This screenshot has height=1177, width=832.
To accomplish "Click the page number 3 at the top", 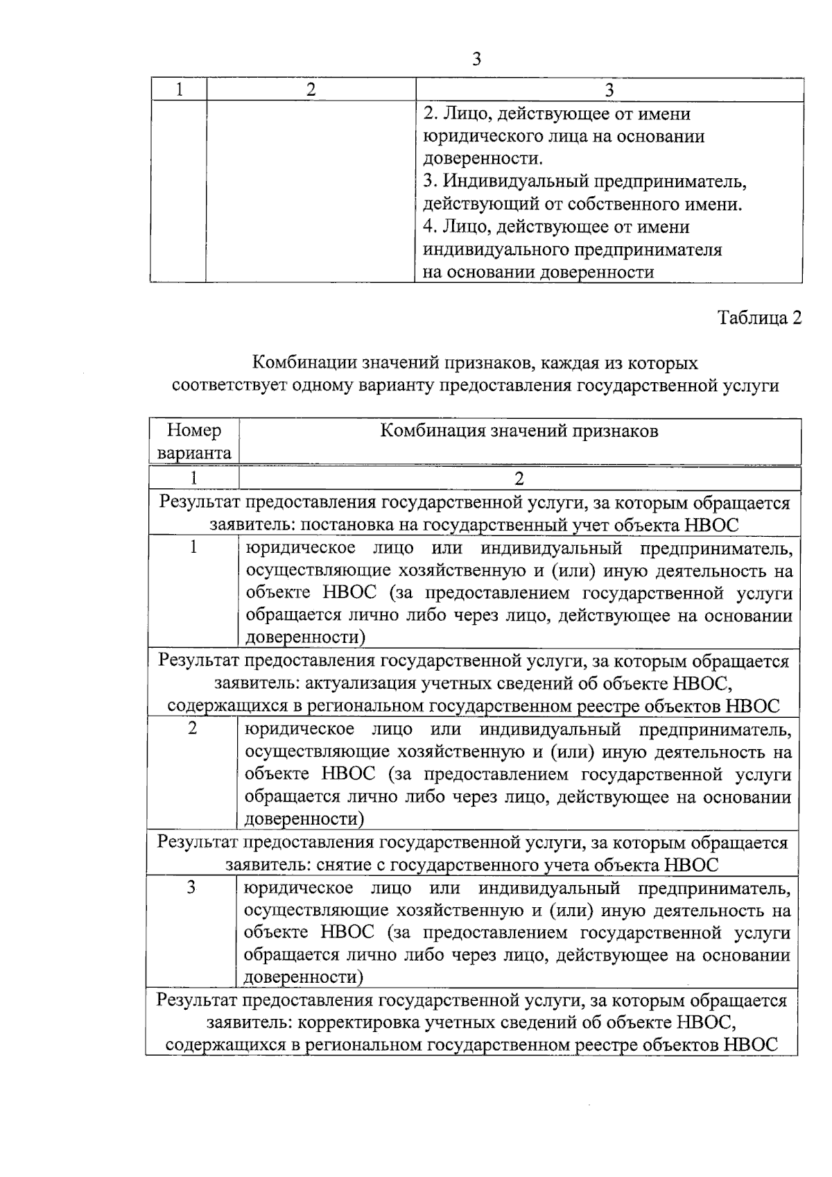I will point(476,60).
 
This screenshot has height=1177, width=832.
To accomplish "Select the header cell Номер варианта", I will point(194,442).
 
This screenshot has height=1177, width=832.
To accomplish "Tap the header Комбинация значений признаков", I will point(519,431).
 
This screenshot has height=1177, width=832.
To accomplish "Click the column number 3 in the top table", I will point(609,89).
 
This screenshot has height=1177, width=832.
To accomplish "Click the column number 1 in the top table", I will point(179,89).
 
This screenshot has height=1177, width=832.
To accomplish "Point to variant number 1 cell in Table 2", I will point(193,547).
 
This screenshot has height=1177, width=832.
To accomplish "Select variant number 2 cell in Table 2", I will point(193,728).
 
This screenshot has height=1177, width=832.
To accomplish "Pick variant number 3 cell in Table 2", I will point(191,887).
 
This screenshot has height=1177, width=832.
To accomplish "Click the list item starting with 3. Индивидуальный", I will point(584,182).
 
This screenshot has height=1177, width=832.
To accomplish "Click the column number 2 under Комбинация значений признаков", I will point(519,478).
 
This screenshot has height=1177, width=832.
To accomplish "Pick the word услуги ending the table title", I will point(752,386).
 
